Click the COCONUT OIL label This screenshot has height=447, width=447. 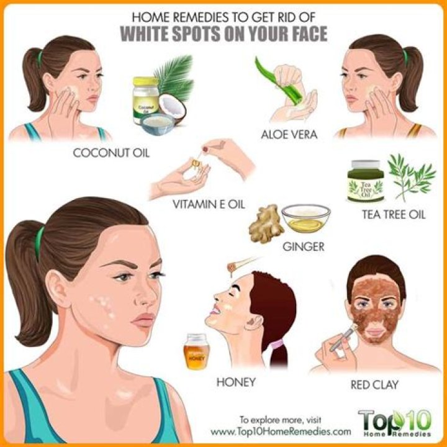point(111,153)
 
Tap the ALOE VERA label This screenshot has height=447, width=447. point(289,134)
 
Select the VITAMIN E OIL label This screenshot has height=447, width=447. point(209,204)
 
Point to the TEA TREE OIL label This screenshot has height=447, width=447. point(394,214)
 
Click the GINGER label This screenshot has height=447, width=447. point(304,246)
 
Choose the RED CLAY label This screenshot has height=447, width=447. point(374,385)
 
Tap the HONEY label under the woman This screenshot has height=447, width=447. point(236,382)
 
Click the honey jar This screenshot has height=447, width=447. point(196,351)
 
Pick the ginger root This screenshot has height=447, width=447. point(266,224)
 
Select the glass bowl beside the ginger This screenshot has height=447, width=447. point(306,218)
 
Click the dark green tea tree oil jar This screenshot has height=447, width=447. point(366,181)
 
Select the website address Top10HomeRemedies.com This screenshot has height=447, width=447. point(281,431)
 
